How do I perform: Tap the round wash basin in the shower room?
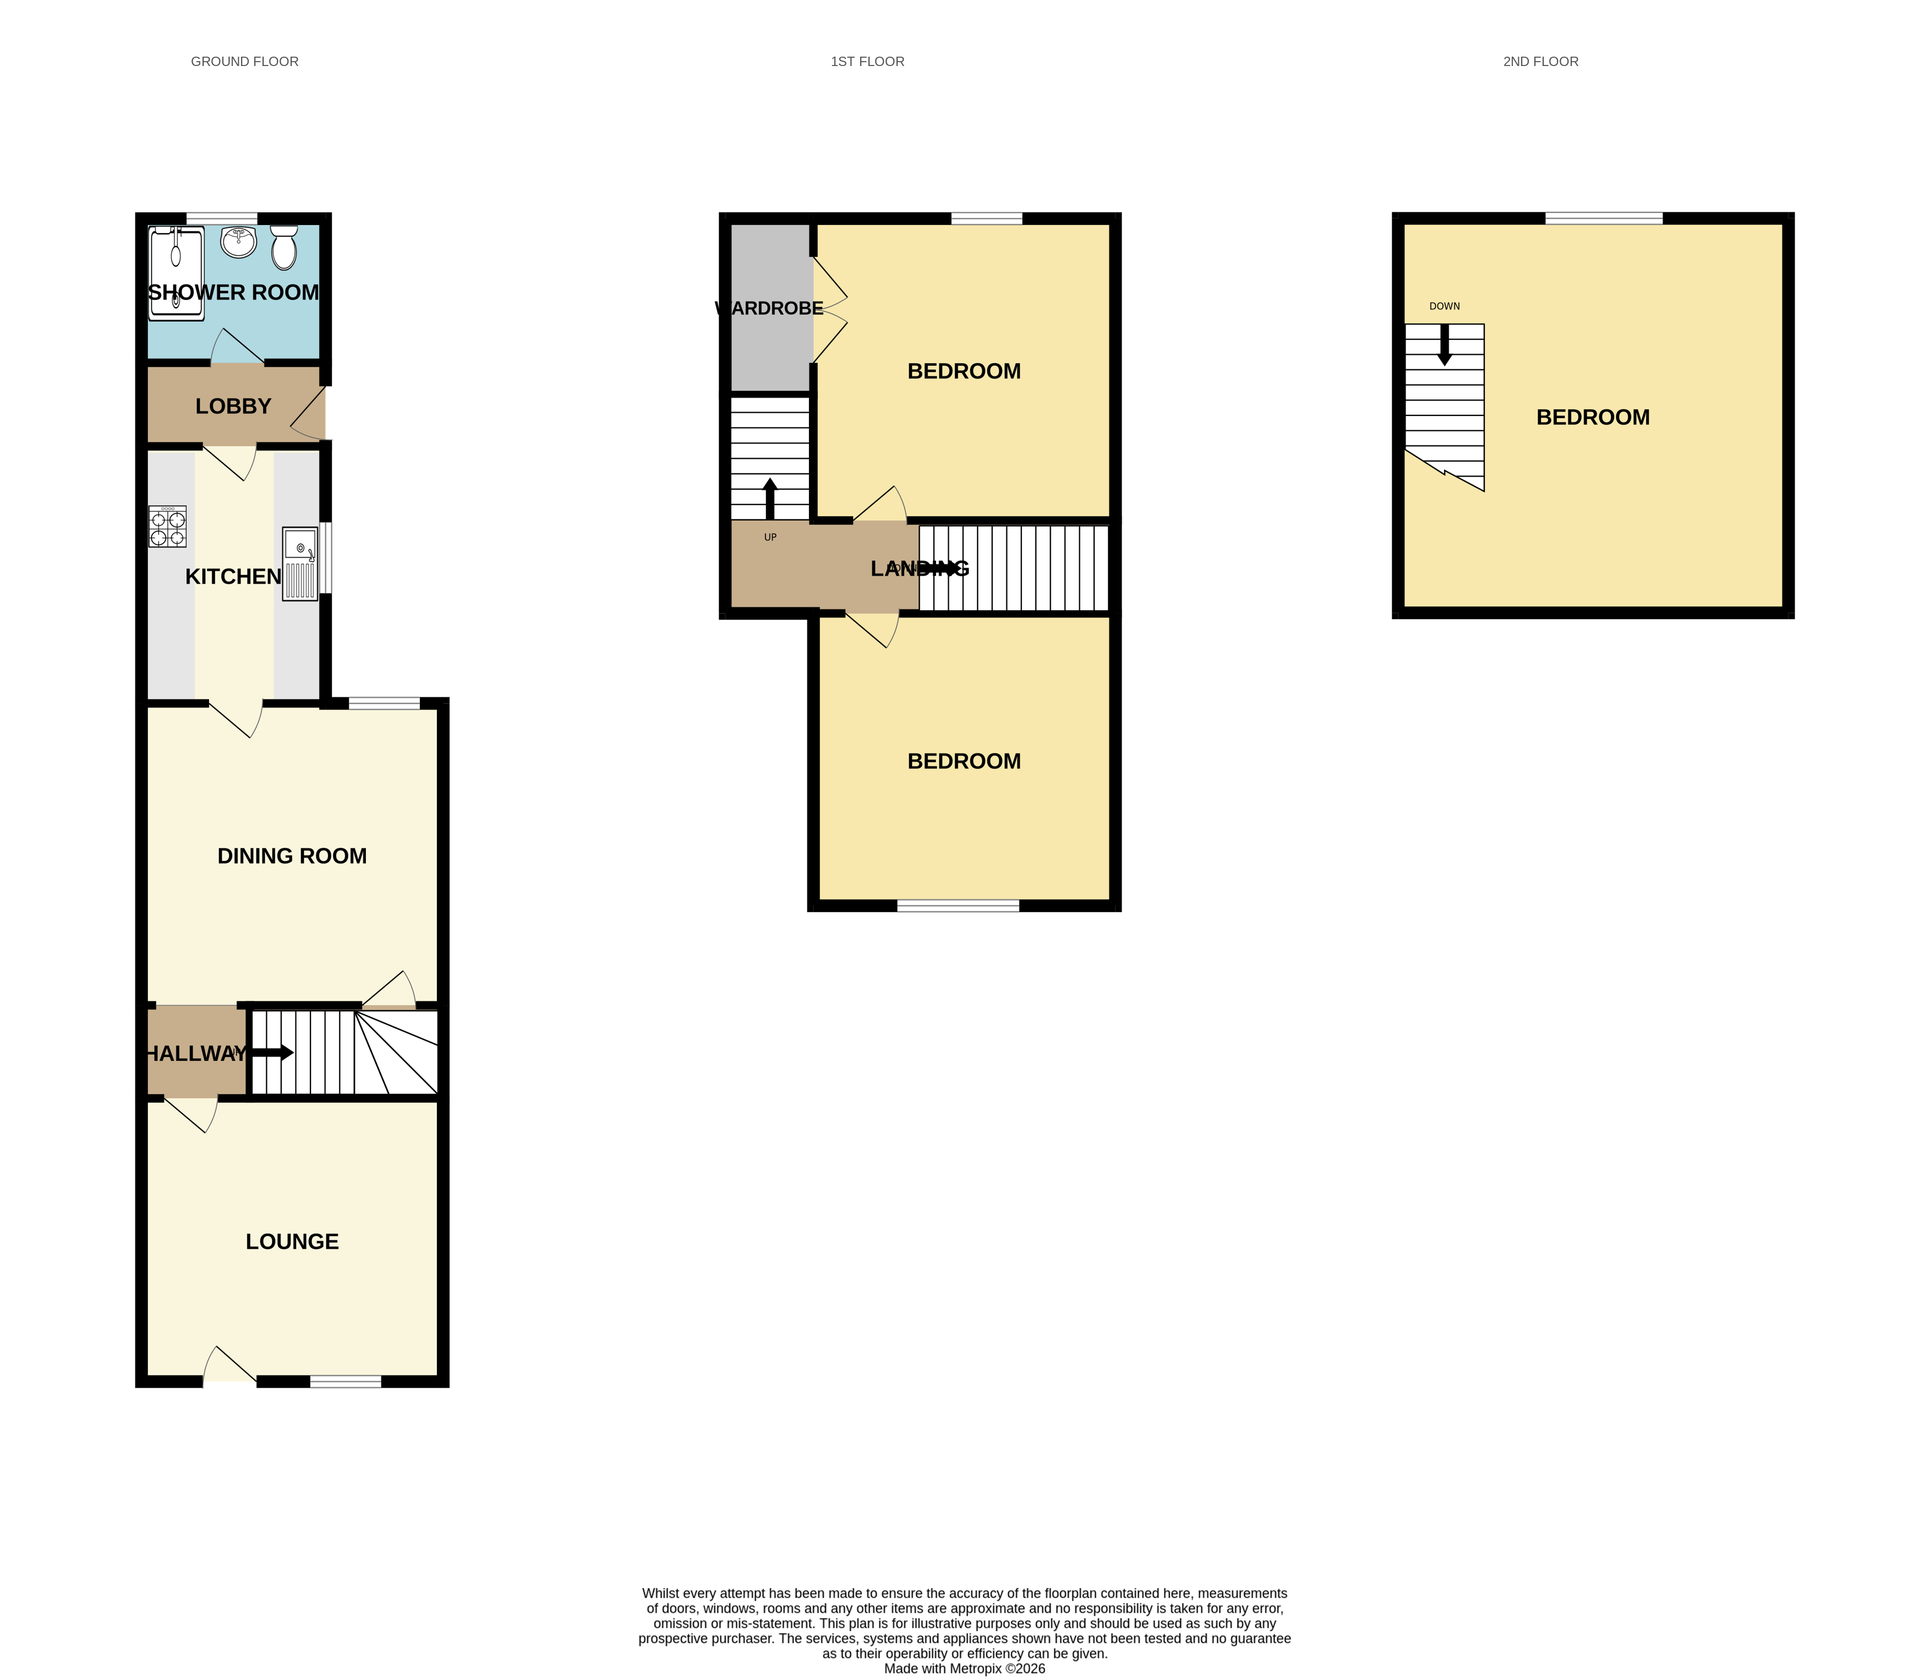click(239, 242)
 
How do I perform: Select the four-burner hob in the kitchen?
click(167, 526)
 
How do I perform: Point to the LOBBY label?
click(233, 406)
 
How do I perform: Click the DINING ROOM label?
click(292, 856)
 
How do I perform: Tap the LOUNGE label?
click(292, 1241)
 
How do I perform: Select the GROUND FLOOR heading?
click(244, 62)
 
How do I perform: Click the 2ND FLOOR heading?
click(1540, 62)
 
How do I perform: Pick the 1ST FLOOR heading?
click(868, 62)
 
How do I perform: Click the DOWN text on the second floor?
click(1444, 306)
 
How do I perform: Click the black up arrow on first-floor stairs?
click(770, 498)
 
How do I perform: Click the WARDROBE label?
click(769, 308)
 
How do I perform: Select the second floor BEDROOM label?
click(1593, 418)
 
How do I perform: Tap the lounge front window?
click(346, 1382)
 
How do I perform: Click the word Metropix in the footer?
click(975, 1669)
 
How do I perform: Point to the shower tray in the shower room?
click(176, 271)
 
